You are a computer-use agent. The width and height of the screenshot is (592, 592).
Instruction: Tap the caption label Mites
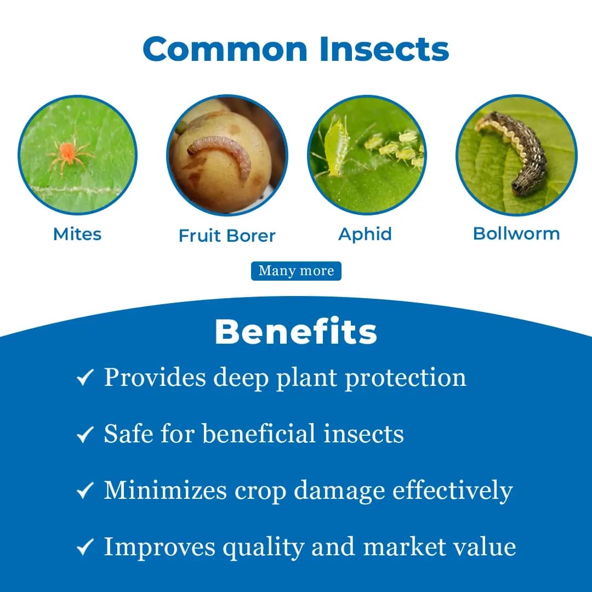point(77,234)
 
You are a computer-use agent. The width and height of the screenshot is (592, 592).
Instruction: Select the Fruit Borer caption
point(227,236)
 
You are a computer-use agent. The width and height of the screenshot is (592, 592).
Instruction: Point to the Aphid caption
point(365,234)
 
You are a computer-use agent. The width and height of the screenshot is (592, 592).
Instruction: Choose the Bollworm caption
point(516,234)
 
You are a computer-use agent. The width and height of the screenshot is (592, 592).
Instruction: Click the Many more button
point(296,271)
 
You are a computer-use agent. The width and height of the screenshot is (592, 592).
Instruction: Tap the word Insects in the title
point(384,49)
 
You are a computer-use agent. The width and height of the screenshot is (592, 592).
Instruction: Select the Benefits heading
point(296,332)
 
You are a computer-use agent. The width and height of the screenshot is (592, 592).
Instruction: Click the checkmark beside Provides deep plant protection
point(85,378)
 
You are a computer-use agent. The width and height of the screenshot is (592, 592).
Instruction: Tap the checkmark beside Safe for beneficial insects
point(85,435)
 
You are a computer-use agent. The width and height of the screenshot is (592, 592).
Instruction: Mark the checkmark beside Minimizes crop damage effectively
point(85,491)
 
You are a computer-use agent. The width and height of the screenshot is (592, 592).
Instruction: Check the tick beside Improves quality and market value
point(85,547)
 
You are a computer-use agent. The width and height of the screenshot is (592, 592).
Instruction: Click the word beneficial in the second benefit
point(259,434)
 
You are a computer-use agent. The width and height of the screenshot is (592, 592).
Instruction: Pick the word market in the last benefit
point(403,547)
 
